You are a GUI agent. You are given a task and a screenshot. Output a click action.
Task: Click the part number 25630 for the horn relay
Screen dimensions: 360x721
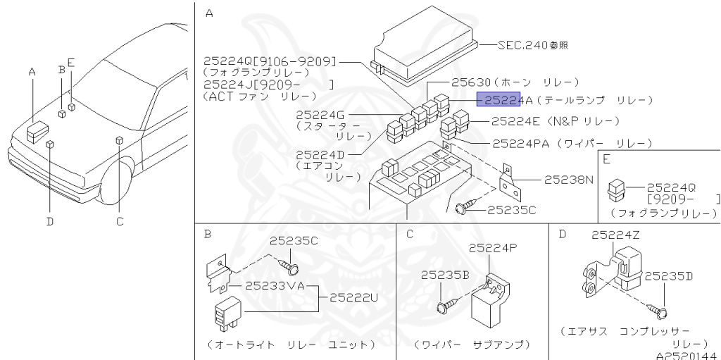pyautogui.click(x=470, y=82)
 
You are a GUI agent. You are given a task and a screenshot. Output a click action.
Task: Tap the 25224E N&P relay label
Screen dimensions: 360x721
pyautogui.click(x=518, y=121)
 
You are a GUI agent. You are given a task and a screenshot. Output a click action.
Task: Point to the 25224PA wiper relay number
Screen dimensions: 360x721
pyautogui.click(x=522, y=144)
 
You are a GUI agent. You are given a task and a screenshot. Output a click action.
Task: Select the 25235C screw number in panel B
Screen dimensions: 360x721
pyautogui.click(x=294, y=241)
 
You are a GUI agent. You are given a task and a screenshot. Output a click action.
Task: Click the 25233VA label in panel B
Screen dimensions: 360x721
pyautogui.click(x=275, y=286)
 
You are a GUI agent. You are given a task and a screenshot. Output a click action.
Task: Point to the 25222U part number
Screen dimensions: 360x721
pyautogui.click(x=353, y=297)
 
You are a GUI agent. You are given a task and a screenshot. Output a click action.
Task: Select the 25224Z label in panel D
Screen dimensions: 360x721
pyautogui.click(x=615, y=235)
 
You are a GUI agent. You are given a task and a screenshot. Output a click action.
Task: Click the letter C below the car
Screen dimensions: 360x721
pyautogui.click(x=120, y=221)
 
